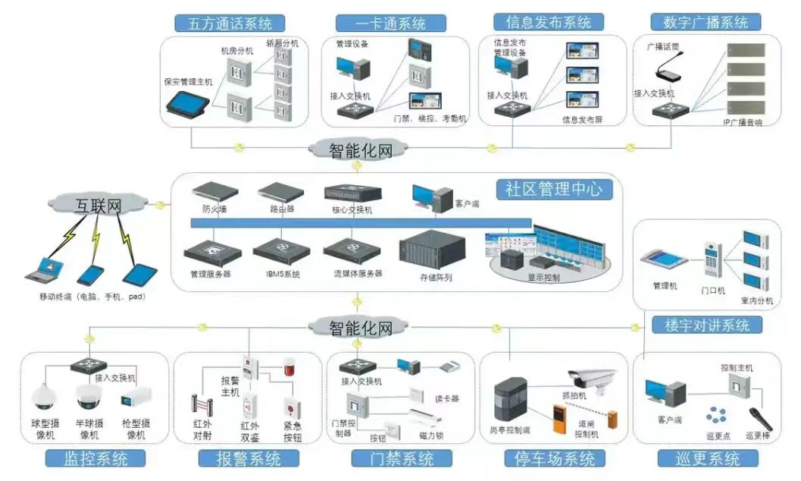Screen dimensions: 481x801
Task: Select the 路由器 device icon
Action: point(280,190)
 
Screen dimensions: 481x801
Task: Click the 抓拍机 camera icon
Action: point(593,379)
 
